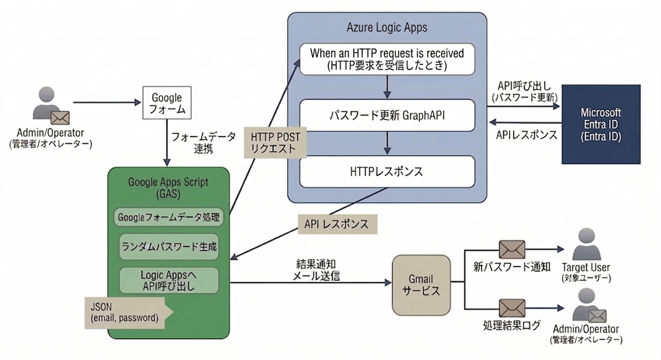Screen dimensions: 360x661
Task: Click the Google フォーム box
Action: point(167,102)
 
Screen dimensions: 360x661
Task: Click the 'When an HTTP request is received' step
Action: point(387,59)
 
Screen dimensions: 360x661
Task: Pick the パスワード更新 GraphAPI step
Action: point(387,115)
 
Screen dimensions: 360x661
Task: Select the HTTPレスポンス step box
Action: point(387,171)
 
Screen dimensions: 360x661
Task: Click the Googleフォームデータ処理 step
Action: point(169,217)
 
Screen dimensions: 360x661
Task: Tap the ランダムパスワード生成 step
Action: point(169,246)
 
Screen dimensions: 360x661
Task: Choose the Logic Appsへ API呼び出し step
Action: point(169,280)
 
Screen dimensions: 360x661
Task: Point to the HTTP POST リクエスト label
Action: point(276,142)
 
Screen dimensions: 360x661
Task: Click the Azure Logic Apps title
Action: point(387,28)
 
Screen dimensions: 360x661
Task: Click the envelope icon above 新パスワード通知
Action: point(512,249)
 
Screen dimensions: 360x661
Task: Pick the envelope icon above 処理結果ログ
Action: point(512,308)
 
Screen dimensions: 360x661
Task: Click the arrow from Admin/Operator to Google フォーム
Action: point(106,103)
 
